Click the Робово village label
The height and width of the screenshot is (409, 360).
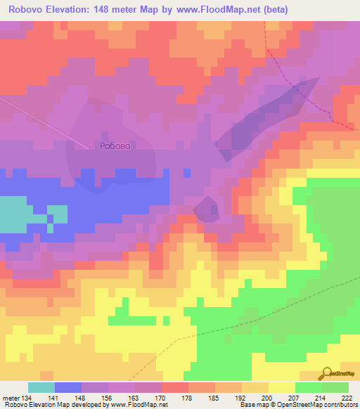click(116, 146)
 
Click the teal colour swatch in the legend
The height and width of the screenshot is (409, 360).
click(41, 387)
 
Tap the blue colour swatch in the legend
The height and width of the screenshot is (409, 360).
click(68, 387)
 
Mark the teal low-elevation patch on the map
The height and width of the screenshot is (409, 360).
click(18, 214)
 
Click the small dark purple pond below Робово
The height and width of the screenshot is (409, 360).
click(206, 209)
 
